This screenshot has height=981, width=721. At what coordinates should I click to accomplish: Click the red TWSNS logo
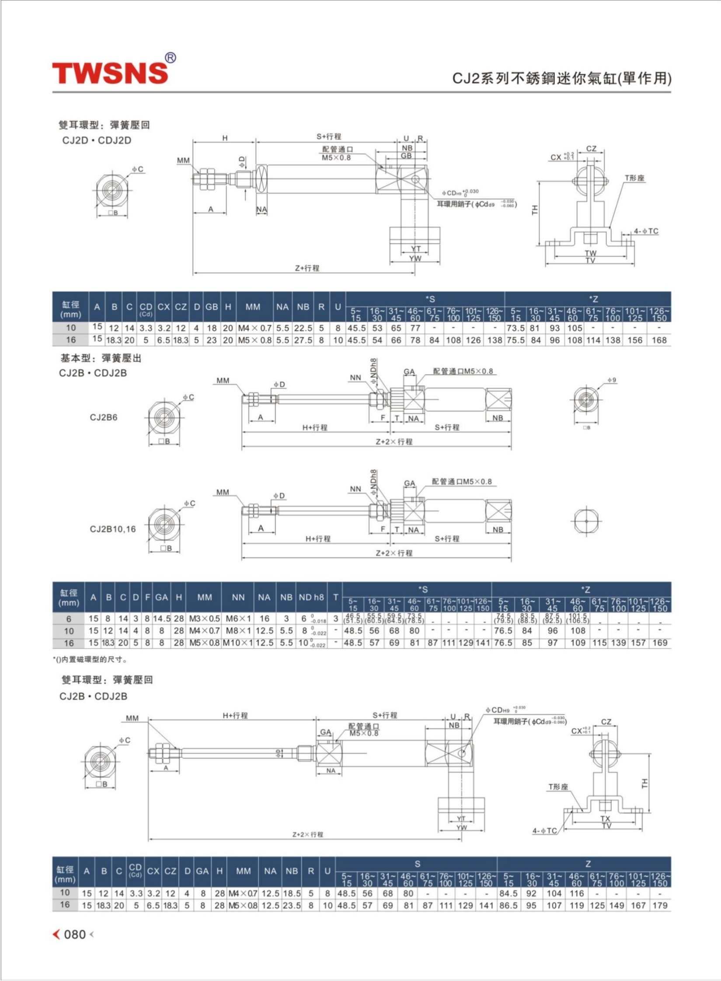(x=110, y=73)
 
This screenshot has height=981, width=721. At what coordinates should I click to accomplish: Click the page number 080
(x=75, y=935)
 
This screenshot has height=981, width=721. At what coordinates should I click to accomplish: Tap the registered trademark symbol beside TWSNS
(x=170, y=58)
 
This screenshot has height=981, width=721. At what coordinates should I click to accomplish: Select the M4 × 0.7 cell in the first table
(x=255, y=328)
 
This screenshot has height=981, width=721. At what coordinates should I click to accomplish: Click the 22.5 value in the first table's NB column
(x=303, y=328)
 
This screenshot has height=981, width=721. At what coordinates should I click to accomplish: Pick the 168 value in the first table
(x=659, y=340)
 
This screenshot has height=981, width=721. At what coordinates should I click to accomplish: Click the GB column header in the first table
(x=212, y=307)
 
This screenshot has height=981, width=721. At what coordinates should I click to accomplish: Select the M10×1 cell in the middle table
(x=238, y=643)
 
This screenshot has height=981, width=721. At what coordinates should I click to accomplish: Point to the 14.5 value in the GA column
(x=162, y=619)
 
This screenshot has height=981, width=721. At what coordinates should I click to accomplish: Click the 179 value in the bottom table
(x=660, y=905)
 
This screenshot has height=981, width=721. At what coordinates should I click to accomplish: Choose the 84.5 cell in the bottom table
(x=509, y=893)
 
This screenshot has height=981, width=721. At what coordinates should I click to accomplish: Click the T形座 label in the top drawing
(x=634, y=178)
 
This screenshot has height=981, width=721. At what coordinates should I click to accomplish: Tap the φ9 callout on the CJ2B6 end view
(x=612, y=380)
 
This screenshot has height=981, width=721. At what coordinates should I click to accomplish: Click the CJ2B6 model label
(x=104, y=417)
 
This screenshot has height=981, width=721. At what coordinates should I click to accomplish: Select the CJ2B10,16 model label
(x=113, y=529)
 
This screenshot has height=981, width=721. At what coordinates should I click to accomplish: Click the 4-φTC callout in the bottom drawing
(x=544, y=831)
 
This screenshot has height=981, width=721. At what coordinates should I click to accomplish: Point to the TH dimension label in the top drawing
(x=535, y=210)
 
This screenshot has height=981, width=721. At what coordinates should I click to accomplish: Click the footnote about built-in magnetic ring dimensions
(x=90, y=660)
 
